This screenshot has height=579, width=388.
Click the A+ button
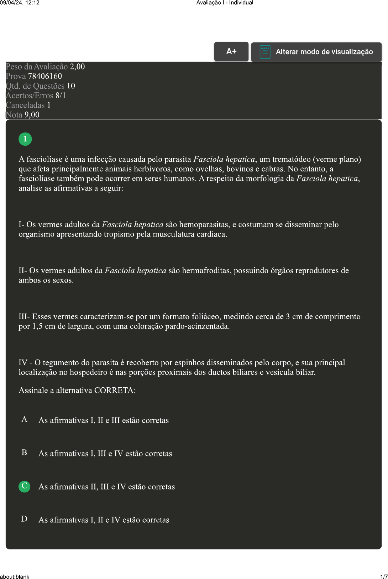[x=231, y=52]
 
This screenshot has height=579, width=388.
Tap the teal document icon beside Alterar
[x=265, y=52]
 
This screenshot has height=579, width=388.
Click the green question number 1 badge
[x=25, y=139]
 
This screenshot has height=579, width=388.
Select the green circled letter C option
[x=25, y=486]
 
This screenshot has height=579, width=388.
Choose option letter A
[x=25, y=419]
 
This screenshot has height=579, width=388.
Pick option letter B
[x=25, y=453]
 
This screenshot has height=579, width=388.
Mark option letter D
[x=25, y=519]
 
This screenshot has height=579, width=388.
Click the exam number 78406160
[x=45, y=76]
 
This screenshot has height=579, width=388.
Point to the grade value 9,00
[x=32, y=115]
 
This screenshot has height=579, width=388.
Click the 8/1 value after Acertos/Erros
[x=61, y=95]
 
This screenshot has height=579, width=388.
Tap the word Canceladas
[x=25, y=105]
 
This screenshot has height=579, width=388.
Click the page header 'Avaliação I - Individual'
[x=225, y=3]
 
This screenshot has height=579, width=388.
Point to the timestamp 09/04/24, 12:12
[x=20, y=3]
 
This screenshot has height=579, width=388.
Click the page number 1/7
[x=384, y=577]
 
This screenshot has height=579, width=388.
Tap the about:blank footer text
[x=15, y=577]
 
